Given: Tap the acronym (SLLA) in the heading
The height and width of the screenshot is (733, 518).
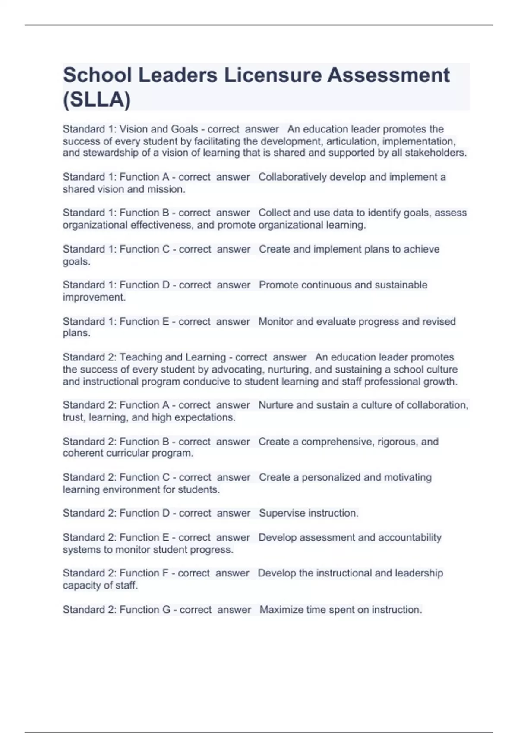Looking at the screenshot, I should tap(97, 100).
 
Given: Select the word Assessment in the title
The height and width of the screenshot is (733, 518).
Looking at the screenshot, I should tap(388, 75).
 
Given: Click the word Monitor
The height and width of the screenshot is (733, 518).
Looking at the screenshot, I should tap(276, 322).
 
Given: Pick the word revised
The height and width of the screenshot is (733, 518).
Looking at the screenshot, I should tap(439, 322).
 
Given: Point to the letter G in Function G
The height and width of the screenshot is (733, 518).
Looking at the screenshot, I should tap(166, 610).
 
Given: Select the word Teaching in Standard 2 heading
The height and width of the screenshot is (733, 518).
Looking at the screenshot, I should tap(141, 357).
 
